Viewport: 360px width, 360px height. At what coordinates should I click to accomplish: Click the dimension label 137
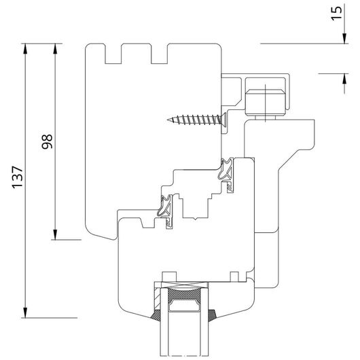click(x=18, y=177)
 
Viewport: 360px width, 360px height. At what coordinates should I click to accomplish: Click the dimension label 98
click(x=47, y=142)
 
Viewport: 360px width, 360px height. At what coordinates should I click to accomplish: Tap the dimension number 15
click(x=336, y=14)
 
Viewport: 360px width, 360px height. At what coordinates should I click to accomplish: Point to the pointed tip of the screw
click(x=168, y=120)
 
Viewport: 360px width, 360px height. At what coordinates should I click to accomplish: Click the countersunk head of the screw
click(x=223, y=120)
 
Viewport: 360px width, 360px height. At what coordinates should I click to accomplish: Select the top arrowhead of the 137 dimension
click(x=25, y=48)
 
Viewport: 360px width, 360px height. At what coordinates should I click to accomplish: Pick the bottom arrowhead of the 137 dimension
click(x=25, y=312)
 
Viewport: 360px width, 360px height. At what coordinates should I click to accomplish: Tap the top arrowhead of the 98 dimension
click(x=55, y=48)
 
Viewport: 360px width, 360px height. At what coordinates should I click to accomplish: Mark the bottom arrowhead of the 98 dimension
click(x=55, y=234)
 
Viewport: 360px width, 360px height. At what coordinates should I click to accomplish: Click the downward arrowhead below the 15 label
click(x=344, y=38)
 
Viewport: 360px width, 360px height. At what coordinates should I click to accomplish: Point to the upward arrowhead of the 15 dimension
click(x=344, y=79)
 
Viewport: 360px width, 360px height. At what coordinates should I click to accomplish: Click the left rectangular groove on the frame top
click(x=113, y=54)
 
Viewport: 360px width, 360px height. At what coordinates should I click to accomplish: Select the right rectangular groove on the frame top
click(x=160, y=54)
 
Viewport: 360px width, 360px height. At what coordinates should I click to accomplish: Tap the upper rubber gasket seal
click(x=226, y=174)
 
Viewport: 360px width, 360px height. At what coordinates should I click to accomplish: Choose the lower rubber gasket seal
click(x=166, y=211)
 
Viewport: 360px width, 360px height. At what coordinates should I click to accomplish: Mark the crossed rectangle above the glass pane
click(x=184, y=285)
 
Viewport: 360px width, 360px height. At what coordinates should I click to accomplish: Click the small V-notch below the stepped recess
click(x=195, y=219)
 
